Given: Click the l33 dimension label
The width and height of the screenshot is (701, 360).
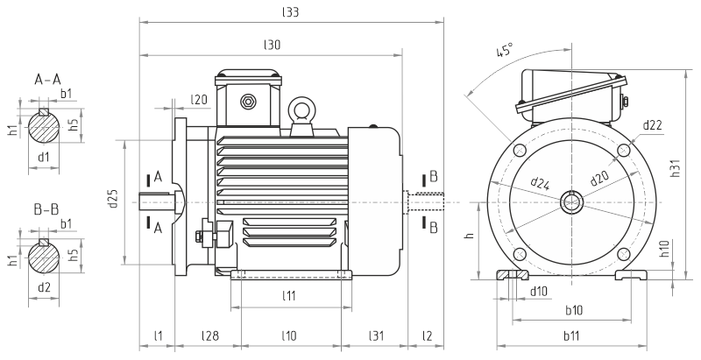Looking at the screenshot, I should (x=290, y=13).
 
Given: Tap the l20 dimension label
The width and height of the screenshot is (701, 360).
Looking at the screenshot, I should (x=200, y=101).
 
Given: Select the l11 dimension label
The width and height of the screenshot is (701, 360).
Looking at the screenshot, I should (x=289, y=296).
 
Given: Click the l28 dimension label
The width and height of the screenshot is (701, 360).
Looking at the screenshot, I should (x=209, y=336).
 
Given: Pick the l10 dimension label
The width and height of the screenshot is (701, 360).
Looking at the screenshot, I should (x=289, y=336).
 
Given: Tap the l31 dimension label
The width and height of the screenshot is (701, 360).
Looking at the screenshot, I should (x=378, y=336).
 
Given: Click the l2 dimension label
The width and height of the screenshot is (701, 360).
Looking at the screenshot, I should (x=427, y=336).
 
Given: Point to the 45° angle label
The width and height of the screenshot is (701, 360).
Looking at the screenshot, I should (x=505, y=52).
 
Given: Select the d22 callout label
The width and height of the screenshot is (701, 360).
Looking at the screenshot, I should (x=652, y=125).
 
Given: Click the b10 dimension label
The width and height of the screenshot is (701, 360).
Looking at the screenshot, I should (x=573, y=310).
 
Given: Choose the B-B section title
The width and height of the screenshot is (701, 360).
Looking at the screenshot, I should (x=47, y=210).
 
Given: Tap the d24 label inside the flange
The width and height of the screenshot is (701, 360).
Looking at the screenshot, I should (x=541, y=184).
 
